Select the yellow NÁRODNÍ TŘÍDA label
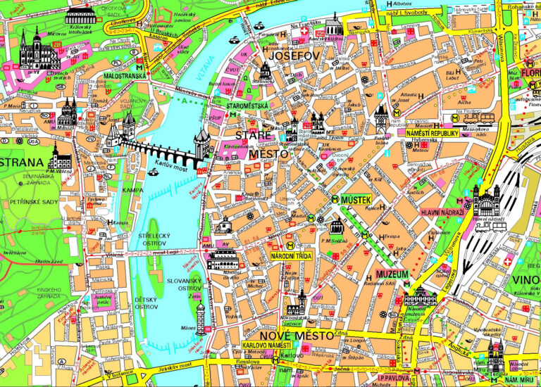point(291,256)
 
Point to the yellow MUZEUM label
point(392,272)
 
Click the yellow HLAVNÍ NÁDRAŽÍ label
point(442,212)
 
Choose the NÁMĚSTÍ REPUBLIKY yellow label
point(433,133)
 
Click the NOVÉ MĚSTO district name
point(296,336)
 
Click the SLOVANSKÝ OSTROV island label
point(185,285)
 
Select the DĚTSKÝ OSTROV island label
point(147,303)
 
